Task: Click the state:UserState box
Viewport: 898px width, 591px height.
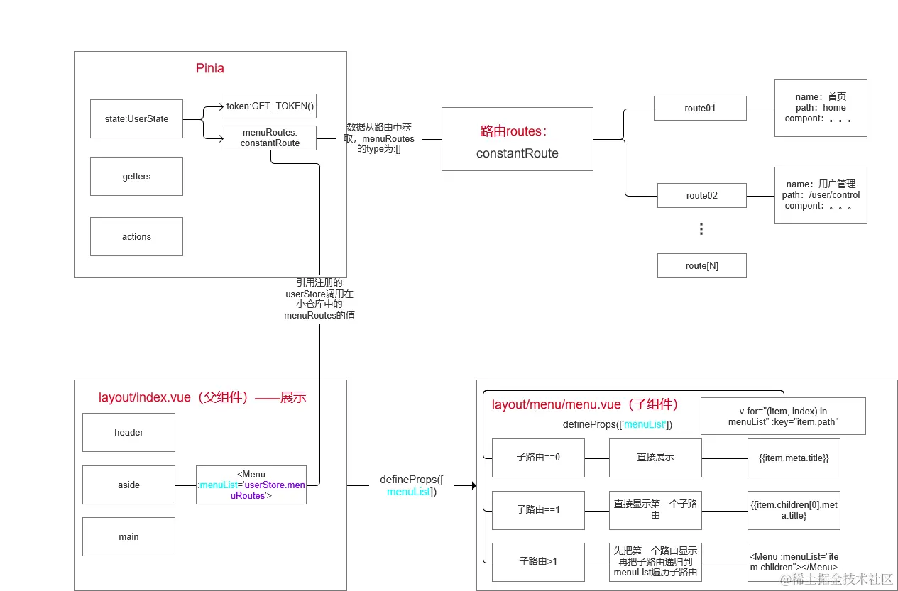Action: tap(136, 118)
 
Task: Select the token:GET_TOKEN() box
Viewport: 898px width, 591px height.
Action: tap(270, 106)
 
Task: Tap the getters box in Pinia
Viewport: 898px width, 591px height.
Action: tap(136, 176)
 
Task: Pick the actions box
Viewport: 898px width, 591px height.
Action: tap(136, 236)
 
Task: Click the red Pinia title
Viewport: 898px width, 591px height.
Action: tap(210, 69)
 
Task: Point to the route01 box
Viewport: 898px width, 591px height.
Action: tap(700, 109)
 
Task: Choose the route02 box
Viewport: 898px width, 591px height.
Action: tap(701, 195)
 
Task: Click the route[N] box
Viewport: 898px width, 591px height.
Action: tap(701, 265)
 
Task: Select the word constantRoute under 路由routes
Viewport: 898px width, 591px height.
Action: tap(517, 153)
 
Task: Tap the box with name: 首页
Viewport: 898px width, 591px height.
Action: tap(821, 108)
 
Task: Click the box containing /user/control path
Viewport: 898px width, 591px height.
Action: tap(821, 195)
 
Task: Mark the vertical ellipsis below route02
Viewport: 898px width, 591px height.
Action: tap(701, 229)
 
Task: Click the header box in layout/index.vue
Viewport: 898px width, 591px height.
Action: tap(128, 432)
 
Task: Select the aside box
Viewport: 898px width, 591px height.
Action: tap(128, 485)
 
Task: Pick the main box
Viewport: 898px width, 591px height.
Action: tap(128, 536)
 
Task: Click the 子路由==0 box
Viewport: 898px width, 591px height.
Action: tap(538, 458)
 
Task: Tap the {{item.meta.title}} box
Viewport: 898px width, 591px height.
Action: tap(794, 458)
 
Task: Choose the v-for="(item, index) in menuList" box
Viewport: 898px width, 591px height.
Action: tap(783, 416)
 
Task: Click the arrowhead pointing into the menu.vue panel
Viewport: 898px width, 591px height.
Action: tap(471, 485)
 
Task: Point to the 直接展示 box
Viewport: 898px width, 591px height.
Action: tap(655, 458)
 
